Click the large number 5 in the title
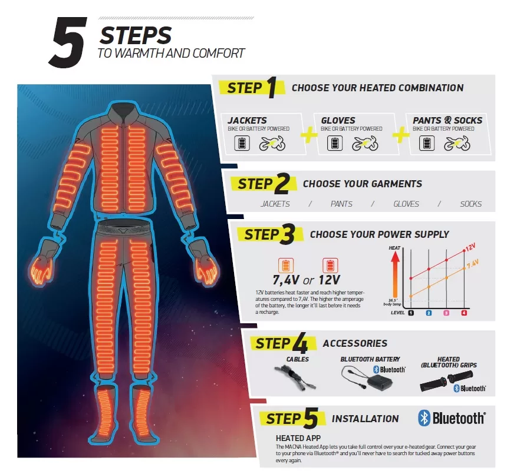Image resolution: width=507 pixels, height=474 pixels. [x=68, y=42]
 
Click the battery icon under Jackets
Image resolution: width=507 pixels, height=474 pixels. [x=242, y=143]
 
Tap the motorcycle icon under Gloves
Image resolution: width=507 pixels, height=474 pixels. [x=365, y=143]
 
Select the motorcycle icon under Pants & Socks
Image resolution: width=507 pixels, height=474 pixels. [x=456, y=143]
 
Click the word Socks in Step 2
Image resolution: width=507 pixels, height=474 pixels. [x=471, y=204]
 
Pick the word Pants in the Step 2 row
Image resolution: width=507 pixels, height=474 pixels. [x=341, y=204]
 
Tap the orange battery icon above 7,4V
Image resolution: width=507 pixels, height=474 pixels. [x=286, y=265]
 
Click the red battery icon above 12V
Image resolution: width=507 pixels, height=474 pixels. [x=330, y=265]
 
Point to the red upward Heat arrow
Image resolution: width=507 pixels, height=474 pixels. [x=395, y=275]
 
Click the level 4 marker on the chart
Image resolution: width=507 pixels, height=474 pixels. [x=464, y=313]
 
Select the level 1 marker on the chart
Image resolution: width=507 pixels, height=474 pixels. [x=411, y=313]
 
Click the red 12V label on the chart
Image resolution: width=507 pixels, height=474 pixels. [x=470, y=247]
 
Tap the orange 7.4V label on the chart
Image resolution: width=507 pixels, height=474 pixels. [x=472, y=263]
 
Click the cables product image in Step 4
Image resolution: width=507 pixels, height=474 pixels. [x=295, y=377]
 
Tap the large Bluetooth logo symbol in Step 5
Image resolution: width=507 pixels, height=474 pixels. [x=424, y=418]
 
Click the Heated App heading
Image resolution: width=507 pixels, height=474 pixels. [x=298, y=438]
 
